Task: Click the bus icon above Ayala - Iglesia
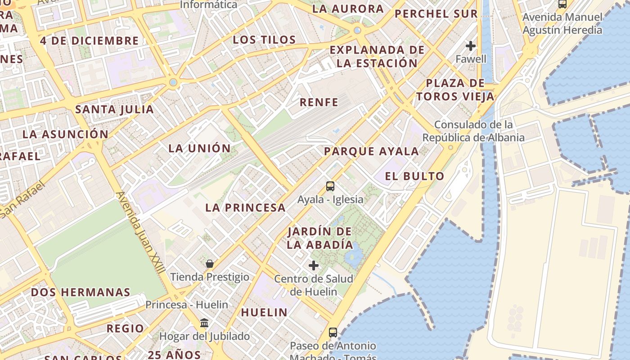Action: pyautogui.click(x=330, y=186)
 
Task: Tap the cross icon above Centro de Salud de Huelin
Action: pyautogui.click(x=314, y=265)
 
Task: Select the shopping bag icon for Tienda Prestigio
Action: pyautogui.click(x=209, y=264)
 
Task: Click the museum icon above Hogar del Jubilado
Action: pyautogui.click(x=204, y=323)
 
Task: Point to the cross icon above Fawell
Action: pyautogui.click(x=471, y=46)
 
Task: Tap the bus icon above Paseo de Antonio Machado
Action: pyautogui.click(x=333, y=333)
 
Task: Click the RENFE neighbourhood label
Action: pyautogui.click(x=319, y=102)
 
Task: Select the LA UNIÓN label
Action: pyautogui.click(x=199, y=148)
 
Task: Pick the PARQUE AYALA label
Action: pyautogui.click(x=371, y=151)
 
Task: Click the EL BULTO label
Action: pyautogui.click(x=414, y=176)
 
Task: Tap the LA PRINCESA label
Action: pyautogui.click(x=245, y=207)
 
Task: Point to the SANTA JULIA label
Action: pyautogui.click(x=114, y=109)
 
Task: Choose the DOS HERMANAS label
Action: pyautogui.click(x=81, y=292)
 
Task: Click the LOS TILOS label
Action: pyautogui.click(x=264, y=40)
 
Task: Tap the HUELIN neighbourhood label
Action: pyautogui.click(x=264, y=312)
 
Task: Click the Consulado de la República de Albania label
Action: pyautogui.click(x=473, y=131)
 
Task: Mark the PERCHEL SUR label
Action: pyautogui.click(x=436, y=13)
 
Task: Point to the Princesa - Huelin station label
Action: pyautogui.click(x=187, y=305)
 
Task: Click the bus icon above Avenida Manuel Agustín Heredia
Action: pyautogui.click(x=562, y=4)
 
